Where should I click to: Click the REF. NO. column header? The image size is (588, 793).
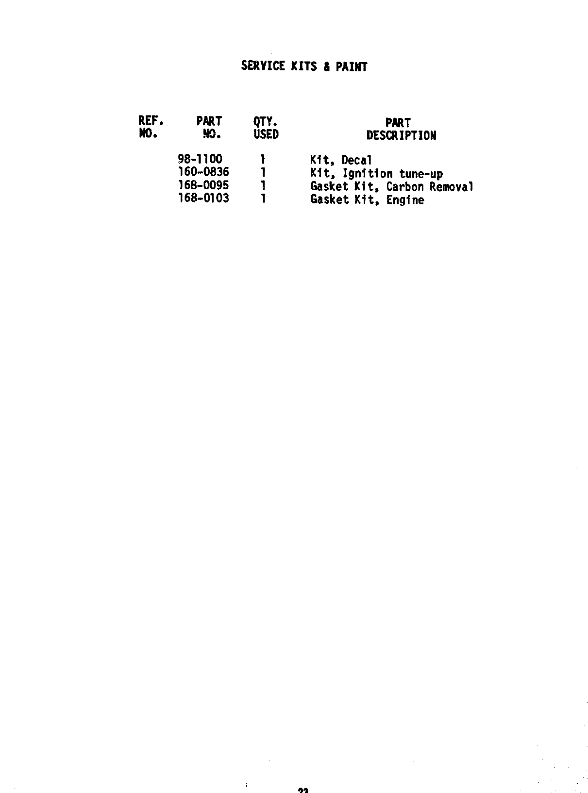point(151,127)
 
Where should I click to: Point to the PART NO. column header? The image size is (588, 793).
point(209,127)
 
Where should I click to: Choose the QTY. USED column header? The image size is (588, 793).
point(266,128)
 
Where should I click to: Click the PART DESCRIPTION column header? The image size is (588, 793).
point(401,129)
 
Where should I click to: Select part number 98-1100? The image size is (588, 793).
point(201,159)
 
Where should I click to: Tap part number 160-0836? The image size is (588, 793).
point(203,172)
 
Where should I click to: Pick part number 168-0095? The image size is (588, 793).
point(203,185)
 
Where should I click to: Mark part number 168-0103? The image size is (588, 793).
point(203,198)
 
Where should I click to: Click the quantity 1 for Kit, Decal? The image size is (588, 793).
point(263,159)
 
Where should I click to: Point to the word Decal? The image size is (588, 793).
point(356,160)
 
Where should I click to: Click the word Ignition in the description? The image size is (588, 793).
point(368,174)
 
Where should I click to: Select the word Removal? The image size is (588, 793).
point(451,187)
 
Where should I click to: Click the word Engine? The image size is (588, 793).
point(405,200)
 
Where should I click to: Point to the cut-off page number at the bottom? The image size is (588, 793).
point(303,790)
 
